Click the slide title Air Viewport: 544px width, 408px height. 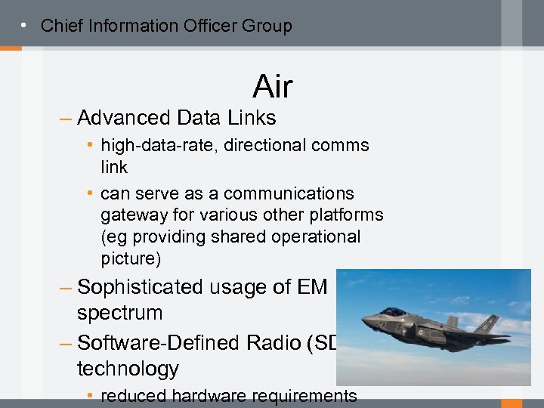tap(272, 87)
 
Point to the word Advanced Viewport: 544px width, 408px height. tap(124, 118)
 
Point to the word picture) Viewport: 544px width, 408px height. tap(131, 258)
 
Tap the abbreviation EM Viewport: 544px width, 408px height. tap(313, 287)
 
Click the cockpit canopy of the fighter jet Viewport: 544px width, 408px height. tap(392, 311)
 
